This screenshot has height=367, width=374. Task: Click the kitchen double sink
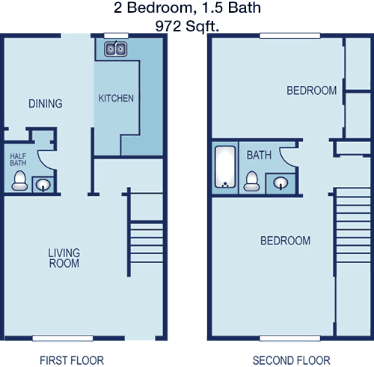click(x=115, y=49)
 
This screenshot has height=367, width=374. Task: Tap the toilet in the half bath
click(x=19, y=181)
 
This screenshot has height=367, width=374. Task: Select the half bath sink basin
click(x=43, y=185)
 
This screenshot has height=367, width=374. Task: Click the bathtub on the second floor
click(x=225, y=167)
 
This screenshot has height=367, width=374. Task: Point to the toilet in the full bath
click(x=251, y=181)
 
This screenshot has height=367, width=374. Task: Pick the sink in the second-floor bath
click(x=280, y=183)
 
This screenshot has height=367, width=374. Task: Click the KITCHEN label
click(x=116, y=99)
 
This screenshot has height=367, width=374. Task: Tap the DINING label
click(x=46, y=104)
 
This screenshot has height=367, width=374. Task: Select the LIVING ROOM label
click(x=64, y=258)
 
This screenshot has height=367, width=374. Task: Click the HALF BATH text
click(x=18, y=160)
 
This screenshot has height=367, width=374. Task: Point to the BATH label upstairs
click(x=259, y=155)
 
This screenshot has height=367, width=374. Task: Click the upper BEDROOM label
click(x=312, y=90)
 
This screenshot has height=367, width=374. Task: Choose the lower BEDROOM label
click(x=286, y=241)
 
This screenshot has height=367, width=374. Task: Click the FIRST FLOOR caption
click(x=72, y=360)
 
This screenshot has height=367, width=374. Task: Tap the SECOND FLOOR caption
click(x=292, y=360)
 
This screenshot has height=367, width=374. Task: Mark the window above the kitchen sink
click(x=116, y=36)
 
